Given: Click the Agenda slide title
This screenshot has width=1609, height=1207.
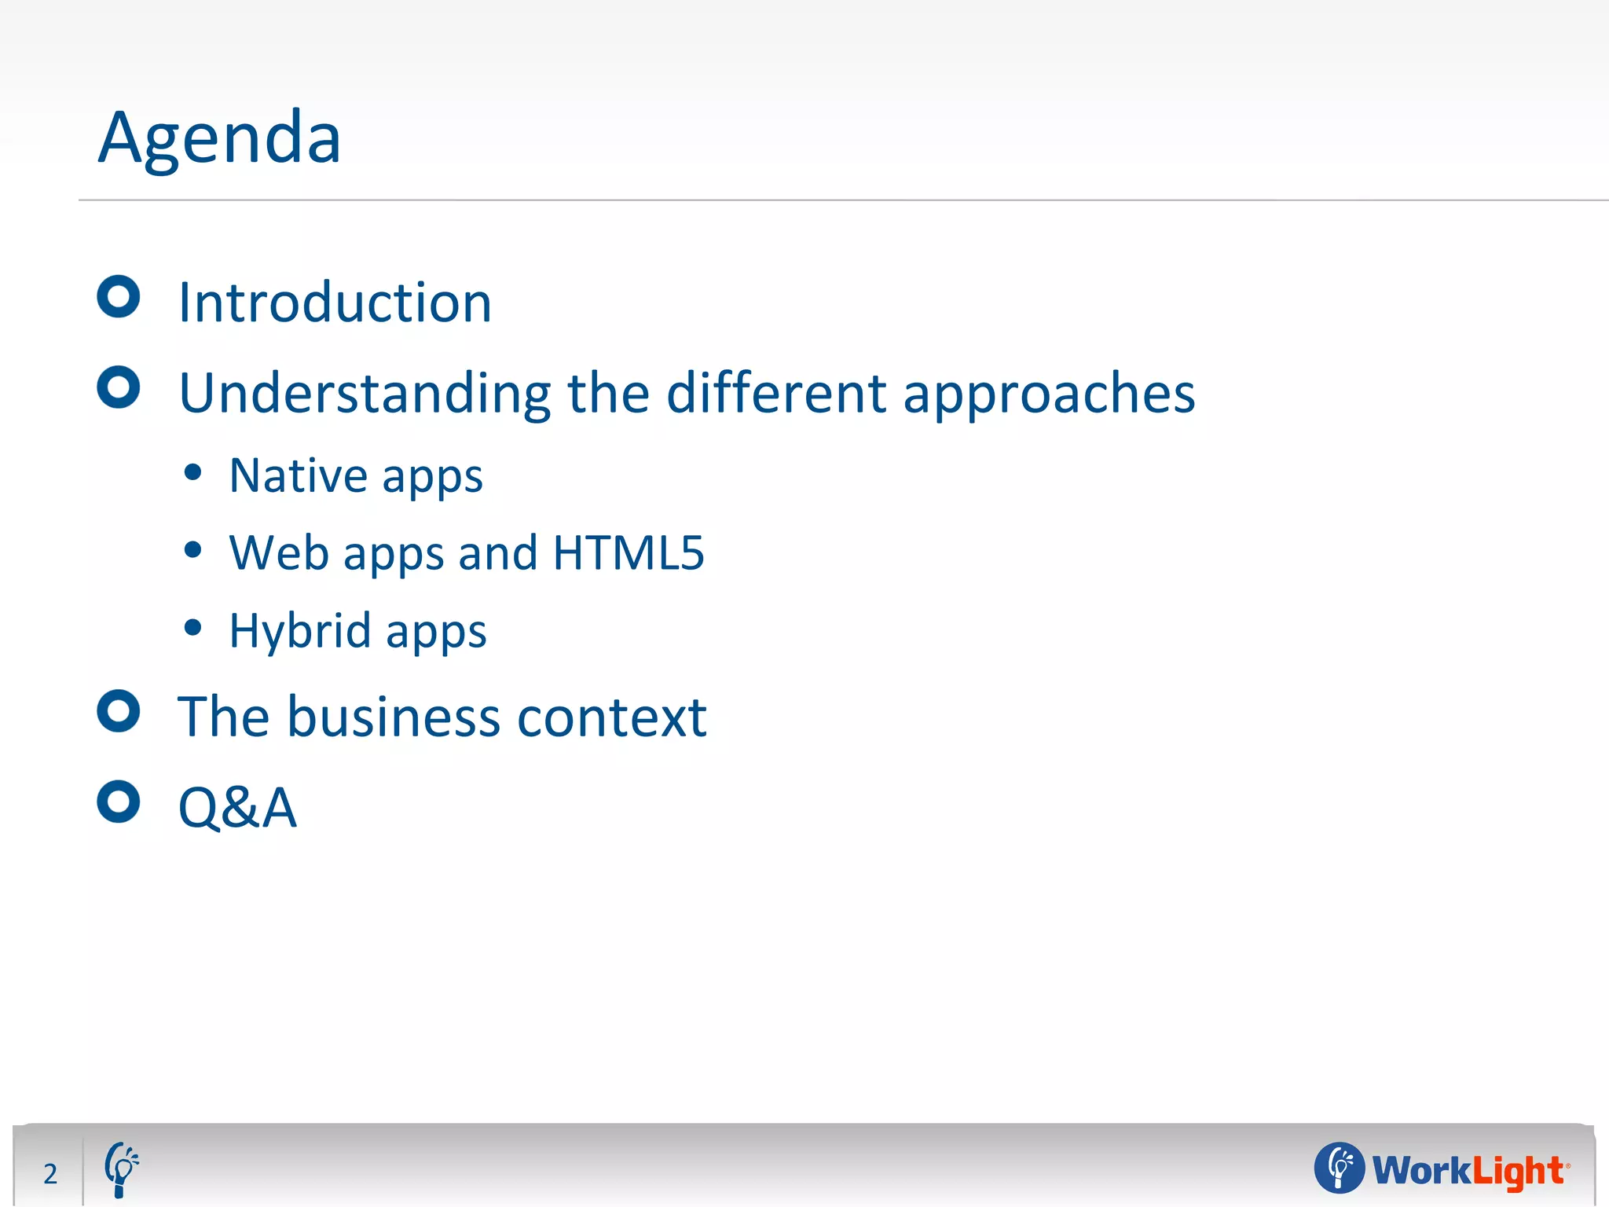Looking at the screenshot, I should pyautogui.click(x=219, y=138).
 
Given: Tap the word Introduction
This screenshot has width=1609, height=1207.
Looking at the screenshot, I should pyautogui.click(x=335, y=303).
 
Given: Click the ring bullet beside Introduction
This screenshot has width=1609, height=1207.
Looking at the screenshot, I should pyautogui.click(x=119, y=297).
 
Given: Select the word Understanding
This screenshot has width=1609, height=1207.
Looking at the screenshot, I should pyautogui.click(x=365, y=393).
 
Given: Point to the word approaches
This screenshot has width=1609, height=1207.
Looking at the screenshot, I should pyautogui.click(x=1049, y=394).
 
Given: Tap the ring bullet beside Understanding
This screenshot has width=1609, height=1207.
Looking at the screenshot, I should pyautogui.click(x=119, y=387).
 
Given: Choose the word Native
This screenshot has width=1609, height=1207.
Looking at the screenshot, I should pyautogui.click(x=298, y=475).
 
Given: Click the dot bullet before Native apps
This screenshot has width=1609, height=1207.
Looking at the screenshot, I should pyautogui.click(x=192, y=473).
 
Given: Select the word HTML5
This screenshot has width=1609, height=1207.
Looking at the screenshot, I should pyautogui.click(x=629, y=552).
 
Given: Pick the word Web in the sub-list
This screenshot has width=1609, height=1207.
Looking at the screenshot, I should pyautogui.click(x=278, y=552).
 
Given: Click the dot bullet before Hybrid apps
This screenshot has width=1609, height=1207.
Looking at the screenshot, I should pyautogui.click(x=192, y=628).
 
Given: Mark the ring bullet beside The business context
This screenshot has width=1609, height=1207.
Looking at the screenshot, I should pyautogui.click(x=119, y=711).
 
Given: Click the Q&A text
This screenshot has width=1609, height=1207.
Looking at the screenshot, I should pyautogui.click(x=237, y=808).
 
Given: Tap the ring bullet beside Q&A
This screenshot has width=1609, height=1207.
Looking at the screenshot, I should pyautogui.click(x=119, y=802).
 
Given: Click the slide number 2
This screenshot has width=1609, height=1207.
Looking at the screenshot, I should pyautogui.click(x=50, y=1174).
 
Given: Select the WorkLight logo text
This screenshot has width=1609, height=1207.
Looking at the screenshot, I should pyautogui.click(x=1468, y=1170).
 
